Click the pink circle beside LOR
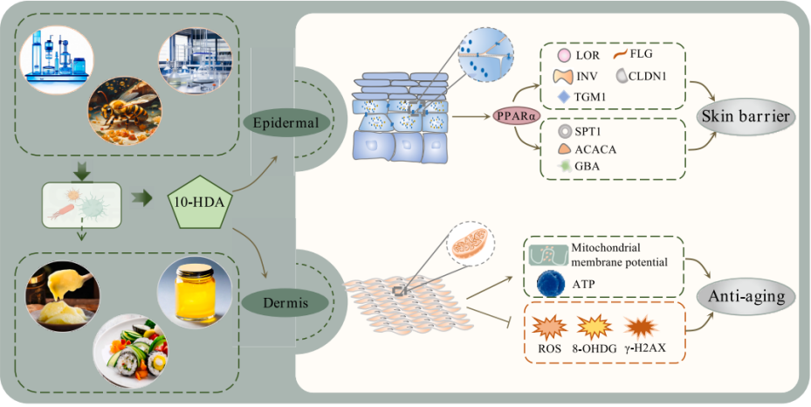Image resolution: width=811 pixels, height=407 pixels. point(563,56)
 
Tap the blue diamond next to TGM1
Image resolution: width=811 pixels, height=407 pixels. point(563,95)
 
